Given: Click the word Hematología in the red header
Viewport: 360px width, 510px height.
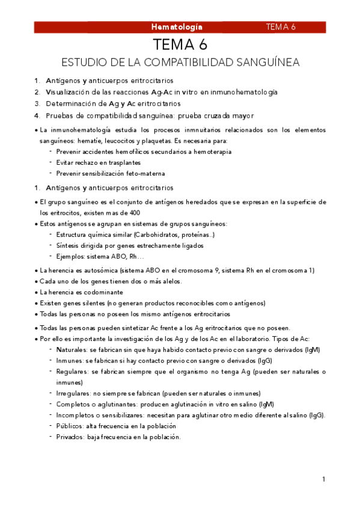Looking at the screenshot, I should point(177,27).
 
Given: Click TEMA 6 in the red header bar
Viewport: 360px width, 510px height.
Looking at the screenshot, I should point(281,27).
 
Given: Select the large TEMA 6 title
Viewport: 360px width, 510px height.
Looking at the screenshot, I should point(180,45).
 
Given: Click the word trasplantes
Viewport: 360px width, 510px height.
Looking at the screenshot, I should point(124,162).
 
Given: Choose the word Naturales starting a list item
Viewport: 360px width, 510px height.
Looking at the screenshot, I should point(72,349).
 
